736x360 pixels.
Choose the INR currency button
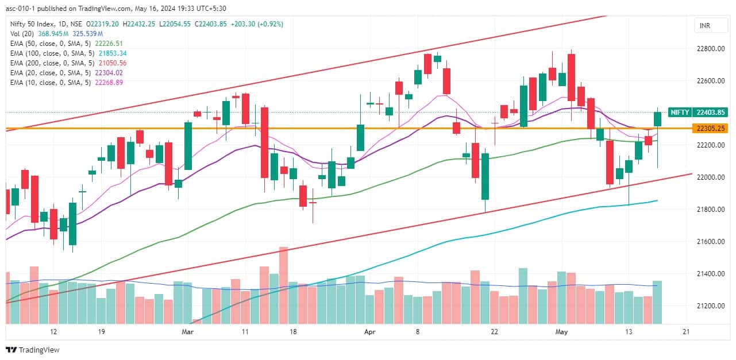tap(704, 26)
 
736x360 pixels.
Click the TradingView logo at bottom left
tap(33, 350)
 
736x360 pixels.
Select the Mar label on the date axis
tap(187, 332)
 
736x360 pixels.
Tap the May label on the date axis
tap(561, 332)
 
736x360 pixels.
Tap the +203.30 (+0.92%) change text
tap(259, 24)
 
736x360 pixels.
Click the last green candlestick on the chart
tap(657, 119)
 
